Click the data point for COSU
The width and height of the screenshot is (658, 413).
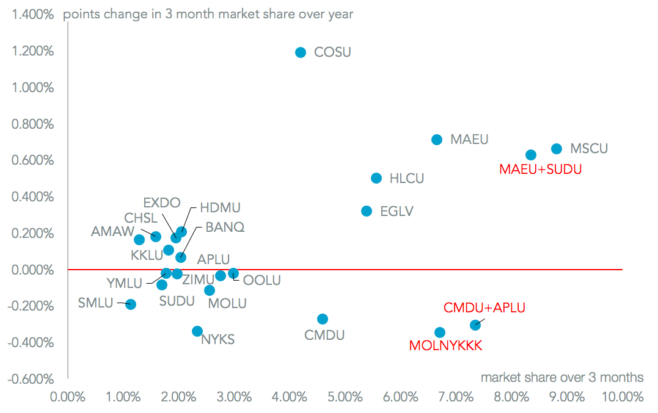point(300,52)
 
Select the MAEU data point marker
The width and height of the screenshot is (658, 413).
point(437,140)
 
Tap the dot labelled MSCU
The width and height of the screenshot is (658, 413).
point(557,149)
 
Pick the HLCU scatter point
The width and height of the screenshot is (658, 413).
point(376,178)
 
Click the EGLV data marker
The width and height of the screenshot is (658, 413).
point(367,211)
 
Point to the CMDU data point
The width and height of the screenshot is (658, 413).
point(323,319)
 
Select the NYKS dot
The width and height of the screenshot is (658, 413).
point(197,331)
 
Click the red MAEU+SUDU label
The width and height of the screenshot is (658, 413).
point(541,169)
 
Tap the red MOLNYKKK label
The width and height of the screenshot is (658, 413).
point(446,346)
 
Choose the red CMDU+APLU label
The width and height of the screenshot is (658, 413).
point(484,307)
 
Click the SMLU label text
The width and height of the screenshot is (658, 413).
point(96,303)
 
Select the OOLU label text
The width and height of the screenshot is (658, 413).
point(262,281)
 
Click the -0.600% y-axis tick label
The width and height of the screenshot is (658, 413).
point(32,379)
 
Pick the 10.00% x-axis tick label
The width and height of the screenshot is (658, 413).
point(623,397)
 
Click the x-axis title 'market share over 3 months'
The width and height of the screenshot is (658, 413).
point(562,377)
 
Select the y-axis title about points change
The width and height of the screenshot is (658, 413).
point(208,13)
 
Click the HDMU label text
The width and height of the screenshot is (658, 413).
point(221,208)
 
